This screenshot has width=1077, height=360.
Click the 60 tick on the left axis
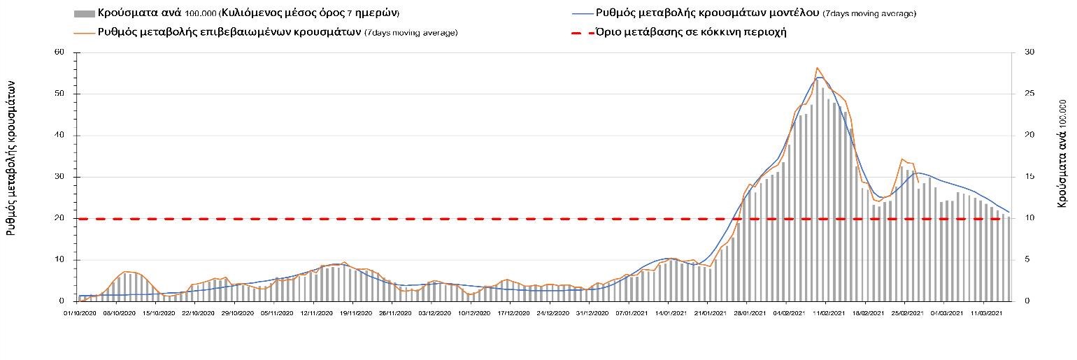59,52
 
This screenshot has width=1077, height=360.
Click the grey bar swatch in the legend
84,13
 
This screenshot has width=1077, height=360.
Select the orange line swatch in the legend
84,32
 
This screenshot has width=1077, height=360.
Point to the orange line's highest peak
817,68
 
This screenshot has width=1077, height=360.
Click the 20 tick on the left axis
59,218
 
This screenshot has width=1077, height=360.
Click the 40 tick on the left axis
59,136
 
